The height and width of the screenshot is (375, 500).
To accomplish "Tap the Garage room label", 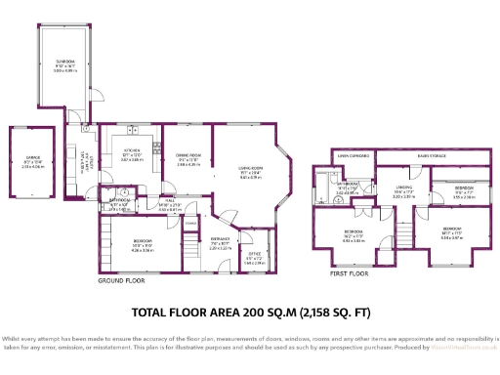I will click(32, 163).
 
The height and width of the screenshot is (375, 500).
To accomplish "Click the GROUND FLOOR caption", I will click(122, 280).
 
